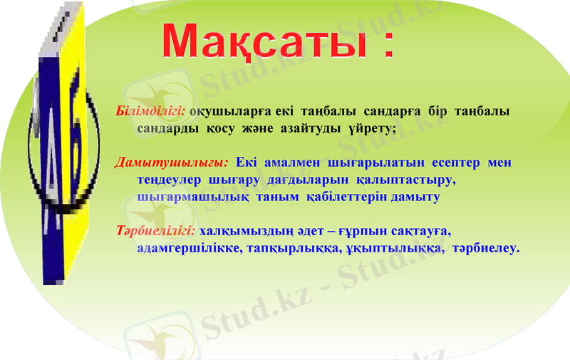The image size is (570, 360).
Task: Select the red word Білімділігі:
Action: point(150,113)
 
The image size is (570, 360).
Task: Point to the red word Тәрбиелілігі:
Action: point(156,231)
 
